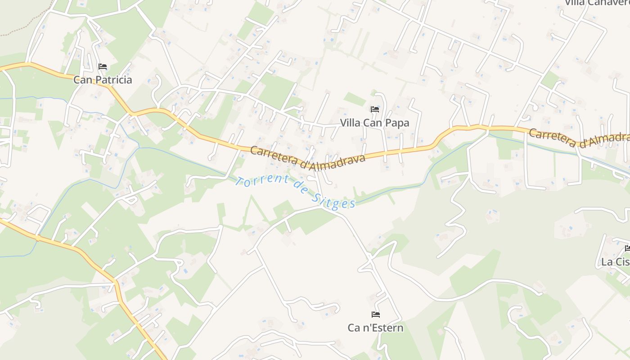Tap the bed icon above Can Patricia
(x=103, y=67)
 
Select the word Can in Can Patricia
(x=82, y=80)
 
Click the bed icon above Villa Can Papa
(x=374, y=109)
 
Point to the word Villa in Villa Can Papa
(x=350, y=123)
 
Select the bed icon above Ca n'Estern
(x=376, y=315)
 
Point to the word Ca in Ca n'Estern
(x=354, y=328)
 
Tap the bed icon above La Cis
(x=627, y=248)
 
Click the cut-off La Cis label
(x=615, y=262)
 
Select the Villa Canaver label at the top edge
(x=597, y=3)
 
